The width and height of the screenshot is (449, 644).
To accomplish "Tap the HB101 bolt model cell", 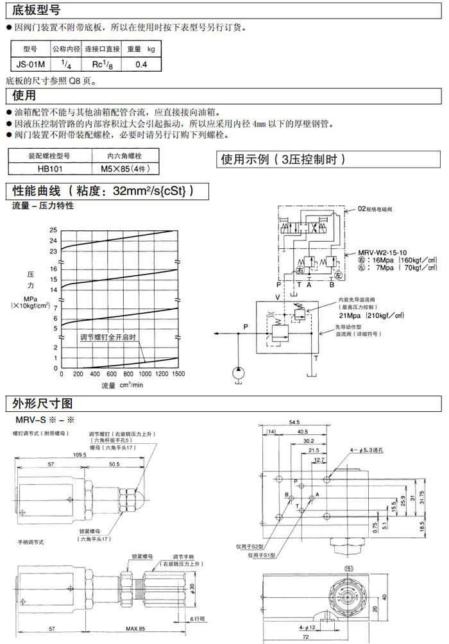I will [49, 169].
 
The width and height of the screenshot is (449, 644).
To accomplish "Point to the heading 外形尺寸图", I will [42, 403].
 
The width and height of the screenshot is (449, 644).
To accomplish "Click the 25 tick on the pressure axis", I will [53, 230].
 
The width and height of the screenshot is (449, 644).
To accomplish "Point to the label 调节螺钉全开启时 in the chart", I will [108, 337].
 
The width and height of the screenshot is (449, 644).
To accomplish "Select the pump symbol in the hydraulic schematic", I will [239, 373].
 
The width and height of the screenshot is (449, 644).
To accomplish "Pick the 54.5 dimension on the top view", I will [294, 422].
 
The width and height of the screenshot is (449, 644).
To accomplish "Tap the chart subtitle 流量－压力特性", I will [43, 207].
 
